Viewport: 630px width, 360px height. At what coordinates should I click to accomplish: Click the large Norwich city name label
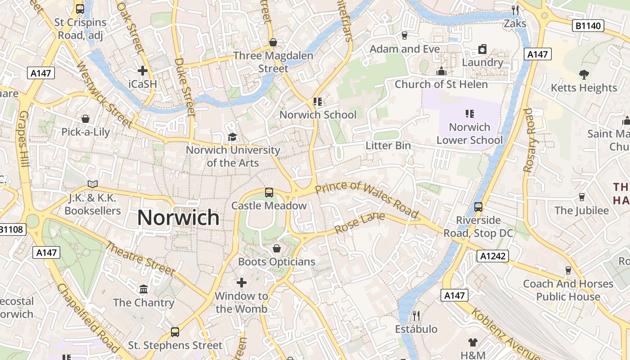[178, 218]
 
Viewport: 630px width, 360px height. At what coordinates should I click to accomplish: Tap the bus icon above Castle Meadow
[269, 193]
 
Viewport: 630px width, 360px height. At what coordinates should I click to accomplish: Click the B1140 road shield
[588, 26]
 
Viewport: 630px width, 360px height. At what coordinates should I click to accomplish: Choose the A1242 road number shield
[493, 256]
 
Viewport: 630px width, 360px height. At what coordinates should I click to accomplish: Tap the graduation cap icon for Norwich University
[232, 137]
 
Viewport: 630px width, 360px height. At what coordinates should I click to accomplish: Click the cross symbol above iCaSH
[143, 71]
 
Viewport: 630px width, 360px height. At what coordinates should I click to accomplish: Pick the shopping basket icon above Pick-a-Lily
[85, 119]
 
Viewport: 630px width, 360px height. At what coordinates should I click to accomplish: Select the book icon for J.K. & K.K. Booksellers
[93, 184]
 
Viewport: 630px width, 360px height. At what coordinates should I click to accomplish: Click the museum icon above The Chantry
[144, 289]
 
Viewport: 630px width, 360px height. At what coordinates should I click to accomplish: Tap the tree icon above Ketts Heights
[584, 74]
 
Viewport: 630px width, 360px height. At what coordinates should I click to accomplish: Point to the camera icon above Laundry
[482, 49]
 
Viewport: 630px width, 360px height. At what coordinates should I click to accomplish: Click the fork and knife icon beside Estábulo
[416, 316]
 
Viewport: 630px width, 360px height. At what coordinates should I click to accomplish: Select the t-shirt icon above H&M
[472, 342]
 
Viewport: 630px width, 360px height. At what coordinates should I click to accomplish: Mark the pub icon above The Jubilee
[581, 197]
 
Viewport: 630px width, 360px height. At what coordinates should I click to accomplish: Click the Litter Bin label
[388, 145]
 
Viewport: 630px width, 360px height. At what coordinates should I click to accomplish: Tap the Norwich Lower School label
[469, 134]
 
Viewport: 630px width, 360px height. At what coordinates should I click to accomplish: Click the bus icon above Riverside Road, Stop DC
[478, 207]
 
